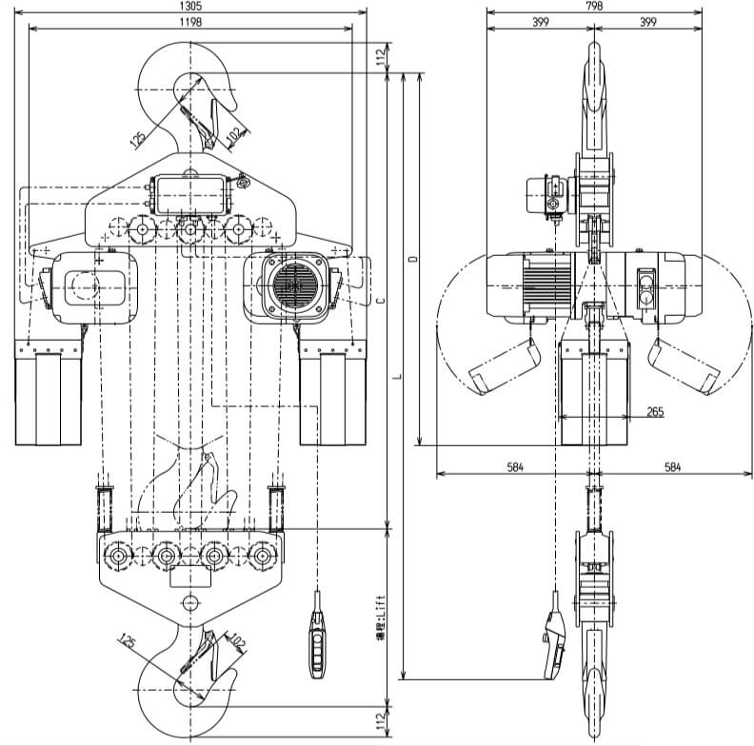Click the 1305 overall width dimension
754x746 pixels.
click(194, 6)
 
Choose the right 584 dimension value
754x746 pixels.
click(673, 467)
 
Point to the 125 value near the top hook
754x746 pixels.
click(139, 138)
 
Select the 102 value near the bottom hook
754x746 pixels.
click(237, 642)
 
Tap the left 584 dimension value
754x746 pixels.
click(515, 467)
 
